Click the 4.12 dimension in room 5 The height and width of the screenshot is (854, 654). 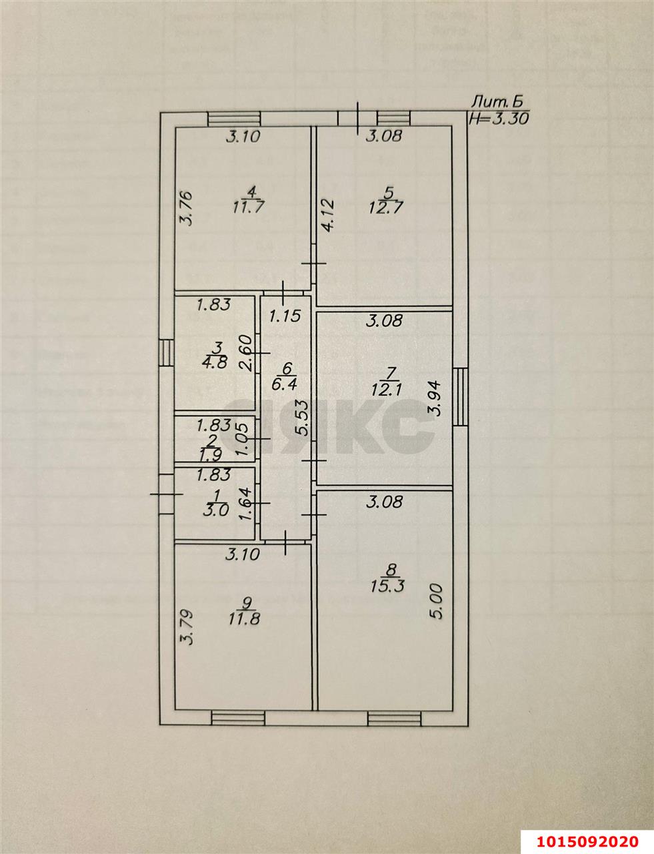327,215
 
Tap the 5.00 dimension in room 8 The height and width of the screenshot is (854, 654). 437,602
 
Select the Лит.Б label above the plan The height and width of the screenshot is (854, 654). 499,102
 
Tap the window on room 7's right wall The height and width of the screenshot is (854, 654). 461,397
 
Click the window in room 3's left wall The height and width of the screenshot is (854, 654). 166,352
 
